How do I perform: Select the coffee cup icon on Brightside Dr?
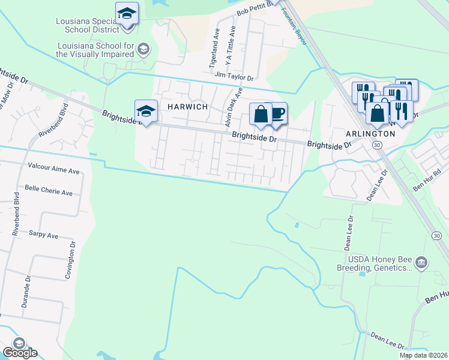277,113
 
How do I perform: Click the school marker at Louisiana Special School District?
127,13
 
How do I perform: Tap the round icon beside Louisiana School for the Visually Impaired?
143,49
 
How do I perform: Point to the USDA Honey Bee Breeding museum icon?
421,262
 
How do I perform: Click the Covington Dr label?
73,261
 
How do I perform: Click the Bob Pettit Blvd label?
255,8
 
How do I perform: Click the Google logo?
20,353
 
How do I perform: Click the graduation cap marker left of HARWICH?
146,112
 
